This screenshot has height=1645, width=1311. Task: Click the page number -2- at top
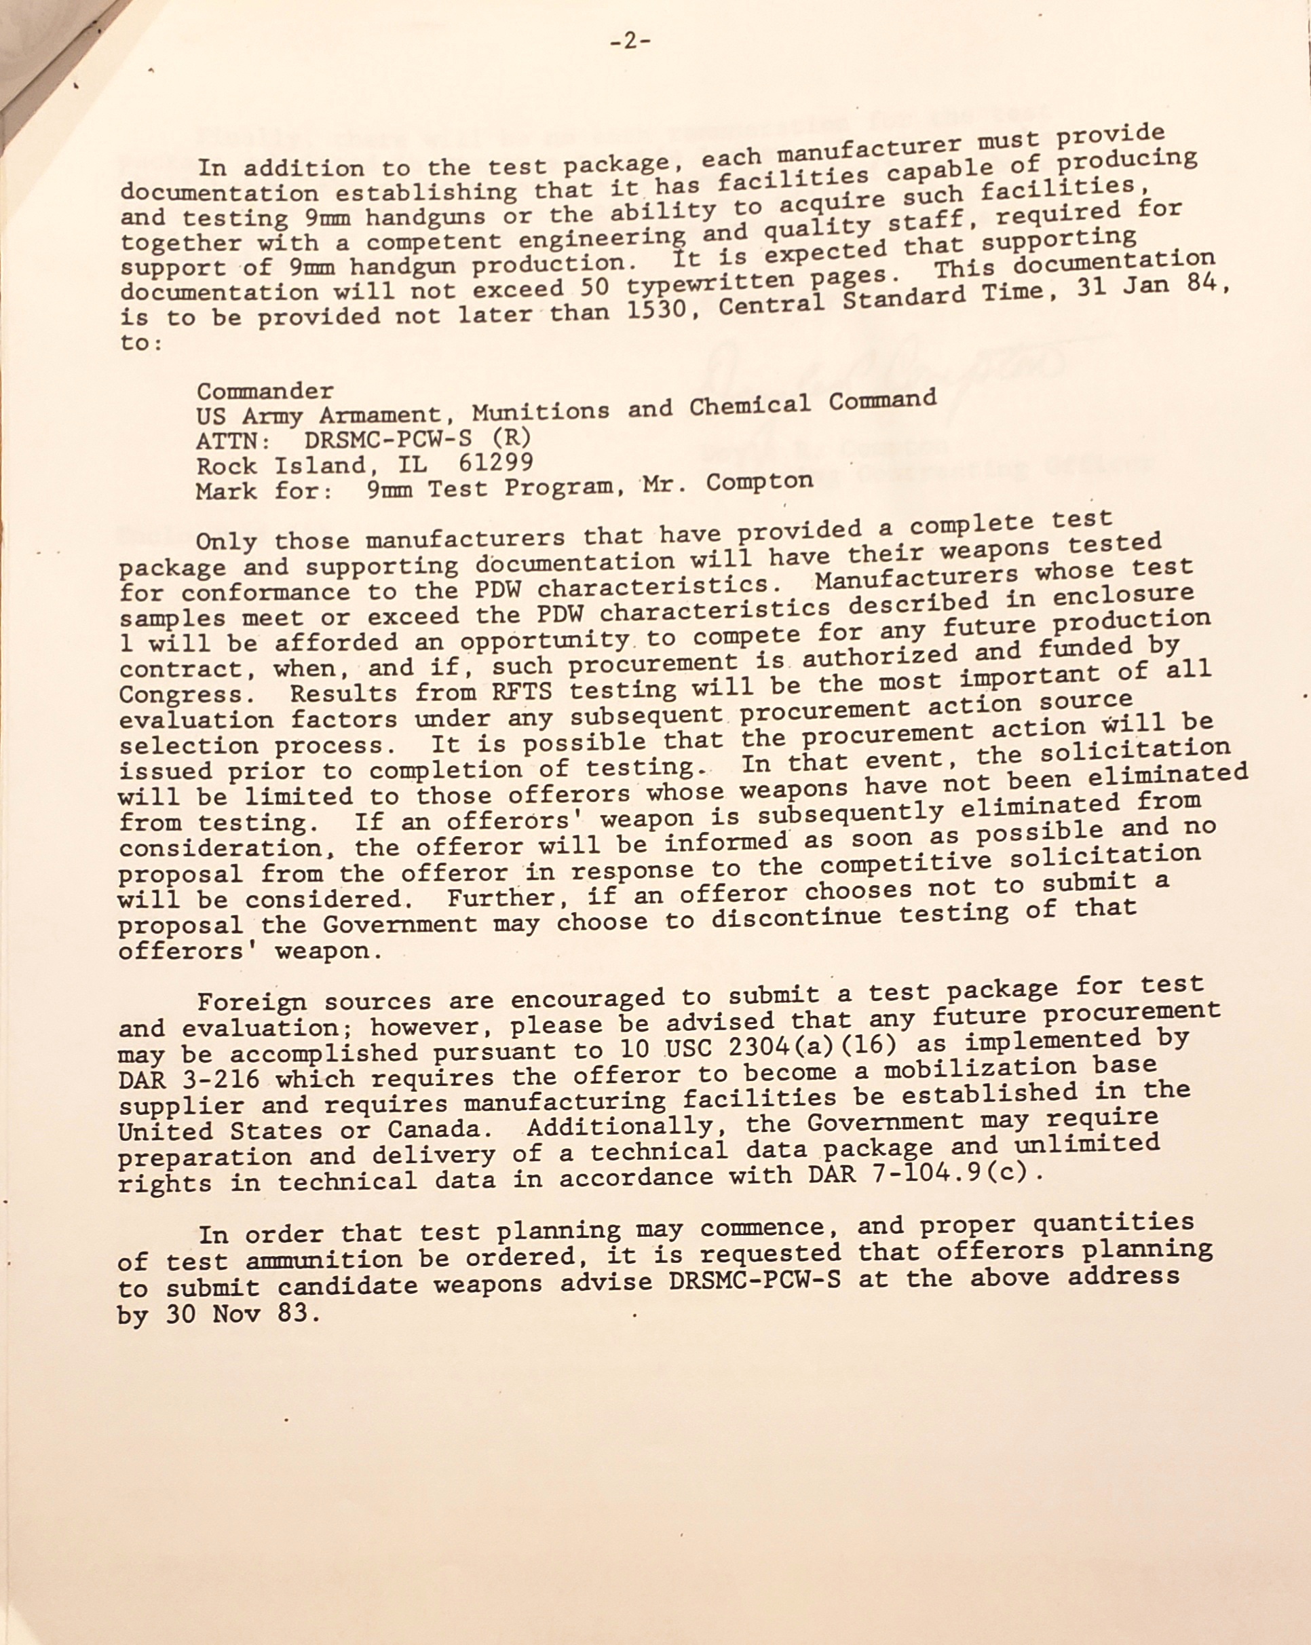[630, 42]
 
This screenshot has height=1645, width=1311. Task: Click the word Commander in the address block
[265, 392]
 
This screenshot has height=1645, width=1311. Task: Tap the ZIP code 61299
[496, 462]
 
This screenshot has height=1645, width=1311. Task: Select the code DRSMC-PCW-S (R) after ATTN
[417, 438]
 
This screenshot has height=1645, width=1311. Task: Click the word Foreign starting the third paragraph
[252, 1002]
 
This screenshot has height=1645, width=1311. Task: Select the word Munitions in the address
[540, 413]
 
